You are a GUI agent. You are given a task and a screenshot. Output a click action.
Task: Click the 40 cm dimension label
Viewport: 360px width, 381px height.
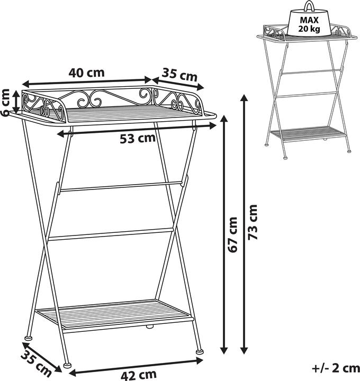point(86,72)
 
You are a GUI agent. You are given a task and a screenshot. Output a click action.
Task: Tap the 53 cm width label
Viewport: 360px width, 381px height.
point(138,139)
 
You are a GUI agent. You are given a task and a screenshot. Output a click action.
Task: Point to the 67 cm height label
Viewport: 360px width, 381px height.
point(233,234)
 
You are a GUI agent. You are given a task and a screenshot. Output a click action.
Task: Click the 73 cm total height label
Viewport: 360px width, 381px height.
point(253,222)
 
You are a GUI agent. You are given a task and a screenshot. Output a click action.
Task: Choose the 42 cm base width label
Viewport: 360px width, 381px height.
point(139,375)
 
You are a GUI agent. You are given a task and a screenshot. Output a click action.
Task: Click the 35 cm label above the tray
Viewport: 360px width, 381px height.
point(179,75)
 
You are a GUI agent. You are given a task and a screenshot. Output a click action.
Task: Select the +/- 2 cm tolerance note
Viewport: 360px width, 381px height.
point(336,368)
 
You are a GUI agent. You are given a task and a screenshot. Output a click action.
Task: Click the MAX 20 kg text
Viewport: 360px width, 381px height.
point(309,24)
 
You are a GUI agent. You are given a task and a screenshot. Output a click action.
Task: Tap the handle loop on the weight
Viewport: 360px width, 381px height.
point(309,6)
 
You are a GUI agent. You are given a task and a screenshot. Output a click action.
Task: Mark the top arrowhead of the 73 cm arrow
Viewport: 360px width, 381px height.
point(244,98)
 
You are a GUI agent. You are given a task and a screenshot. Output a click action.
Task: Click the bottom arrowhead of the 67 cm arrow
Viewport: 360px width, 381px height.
point(224,350)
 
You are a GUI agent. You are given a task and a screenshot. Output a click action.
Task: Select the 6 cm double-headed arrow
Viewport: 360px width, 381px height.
point(16,102)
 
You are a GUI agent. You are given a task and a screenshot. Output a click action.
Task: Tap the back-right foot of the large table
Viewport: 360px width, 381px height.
point(200,351)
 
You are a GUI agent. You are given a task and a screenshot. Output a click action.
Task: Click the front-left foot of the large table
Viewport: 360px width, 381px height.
point(67,365)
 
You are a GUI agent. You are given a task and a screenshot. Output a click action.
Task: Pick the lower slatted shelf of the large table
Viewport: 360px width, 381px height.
point(114,314)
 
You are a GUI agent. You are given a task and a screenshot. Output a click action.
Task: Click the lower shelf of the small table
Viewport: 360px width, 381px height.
point(308,133)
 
